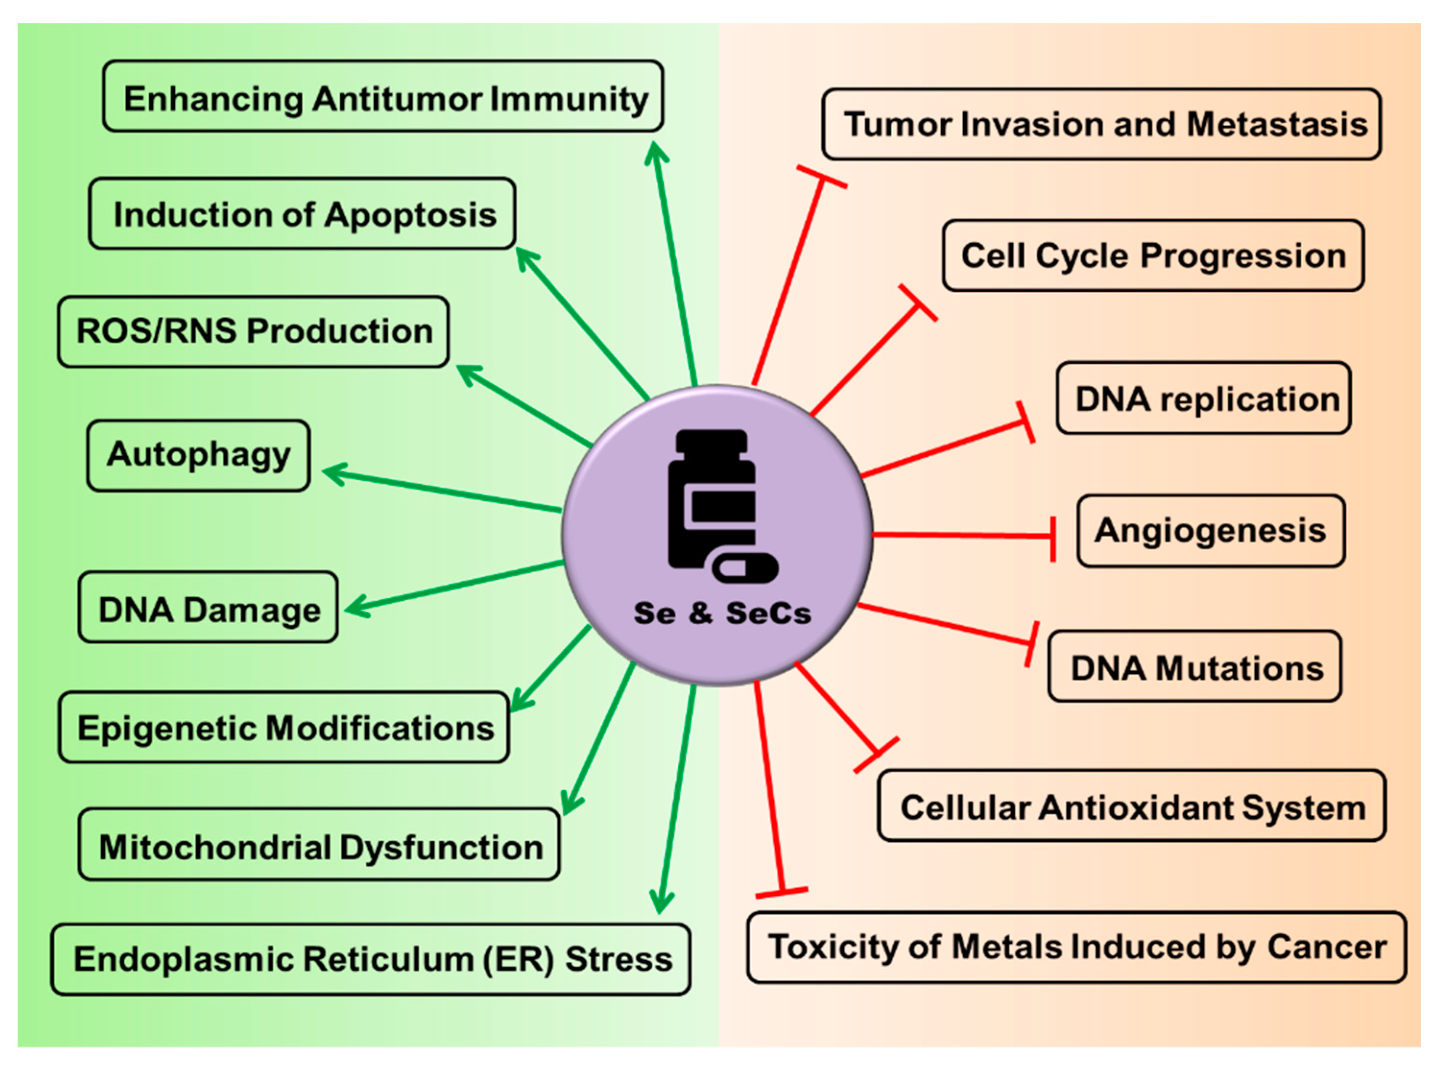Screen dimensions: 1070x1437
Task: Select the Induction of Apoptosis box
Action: (x=302, y=214)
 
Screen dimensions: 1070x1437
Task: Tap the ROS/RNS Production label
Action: (x=253, y=331)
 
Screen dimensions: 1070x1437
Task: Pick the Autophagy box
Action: (x=198, y=455)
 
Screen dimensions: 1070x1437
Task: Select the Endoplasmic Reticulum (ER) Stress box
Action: (x=371, y=959)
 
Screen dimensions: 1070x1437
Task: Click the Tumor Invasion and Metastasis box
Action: (x=1102, y=124)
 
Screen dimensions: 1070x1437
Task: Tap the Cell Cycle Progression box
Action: (x=1153, y=256)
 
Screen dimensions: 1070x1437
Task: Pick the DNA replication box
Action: (x=1204, y=398)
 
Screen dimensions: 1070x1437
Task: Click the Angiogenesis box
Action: (x=1210, y=531)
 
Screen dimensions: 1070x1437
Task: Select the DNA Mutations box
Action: (x=1194, y=667)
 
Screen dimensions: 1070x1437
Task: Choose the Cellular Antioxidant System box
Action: (x=1131, y=807)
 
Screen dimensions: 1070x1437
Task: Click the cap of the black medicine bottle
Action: (x=711, y=440)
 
